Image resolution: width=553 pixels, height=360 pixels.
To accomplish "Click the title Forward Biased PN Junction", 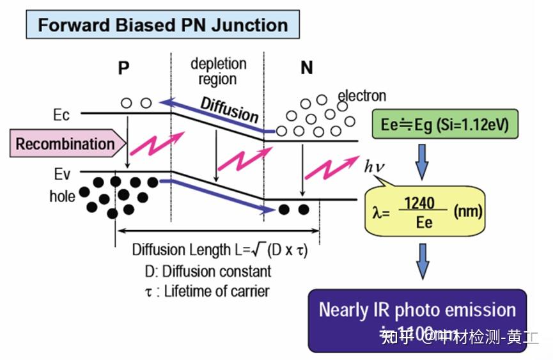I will click(x=162, y=25).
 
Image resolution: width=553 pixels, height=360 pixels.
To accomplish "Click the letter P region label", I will click(x=123, y=68).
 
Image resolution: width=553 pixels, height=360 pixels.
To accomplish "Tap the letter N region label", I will click(x=307, y=67).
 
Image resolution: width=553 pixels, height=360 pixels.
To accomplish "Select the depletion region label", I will click(x=218, y=72).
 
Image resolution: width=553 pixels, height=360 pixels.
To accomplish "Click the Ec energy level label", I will click(x=62, y=116).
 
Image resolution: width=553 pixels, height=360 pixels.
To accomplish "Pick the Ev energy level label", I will click(x=62, y=173).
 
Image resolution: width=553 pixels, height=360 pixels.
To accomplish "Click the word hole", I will click(x=62, y=196).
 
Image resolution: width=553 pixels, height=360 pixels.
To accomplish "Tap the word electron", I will click(x=362, y=96).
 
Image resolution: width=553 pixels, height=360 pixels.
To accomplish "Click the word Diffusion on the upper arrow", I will click(x=229, y=110).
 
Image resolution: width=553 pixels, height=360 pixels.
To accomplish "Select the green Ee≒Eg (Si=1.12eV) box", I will click(x=444, y=125).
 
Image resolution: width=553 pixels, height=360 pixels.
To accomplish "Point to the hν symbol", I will click(x=375, y=168).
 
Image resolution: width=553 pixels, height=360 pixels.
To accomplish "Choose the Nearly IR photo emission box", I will click(x=417, y=320).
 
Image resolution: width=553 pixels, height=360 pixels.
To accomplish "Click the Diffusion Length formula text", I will click(x=220, y=250).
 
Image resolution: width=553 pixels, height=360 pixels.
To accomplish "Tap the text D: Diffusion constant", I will click(x=207, y=271).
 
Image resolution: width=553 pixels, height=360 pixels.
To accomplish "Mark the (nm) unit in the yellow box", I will click(x=467, y=211).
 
